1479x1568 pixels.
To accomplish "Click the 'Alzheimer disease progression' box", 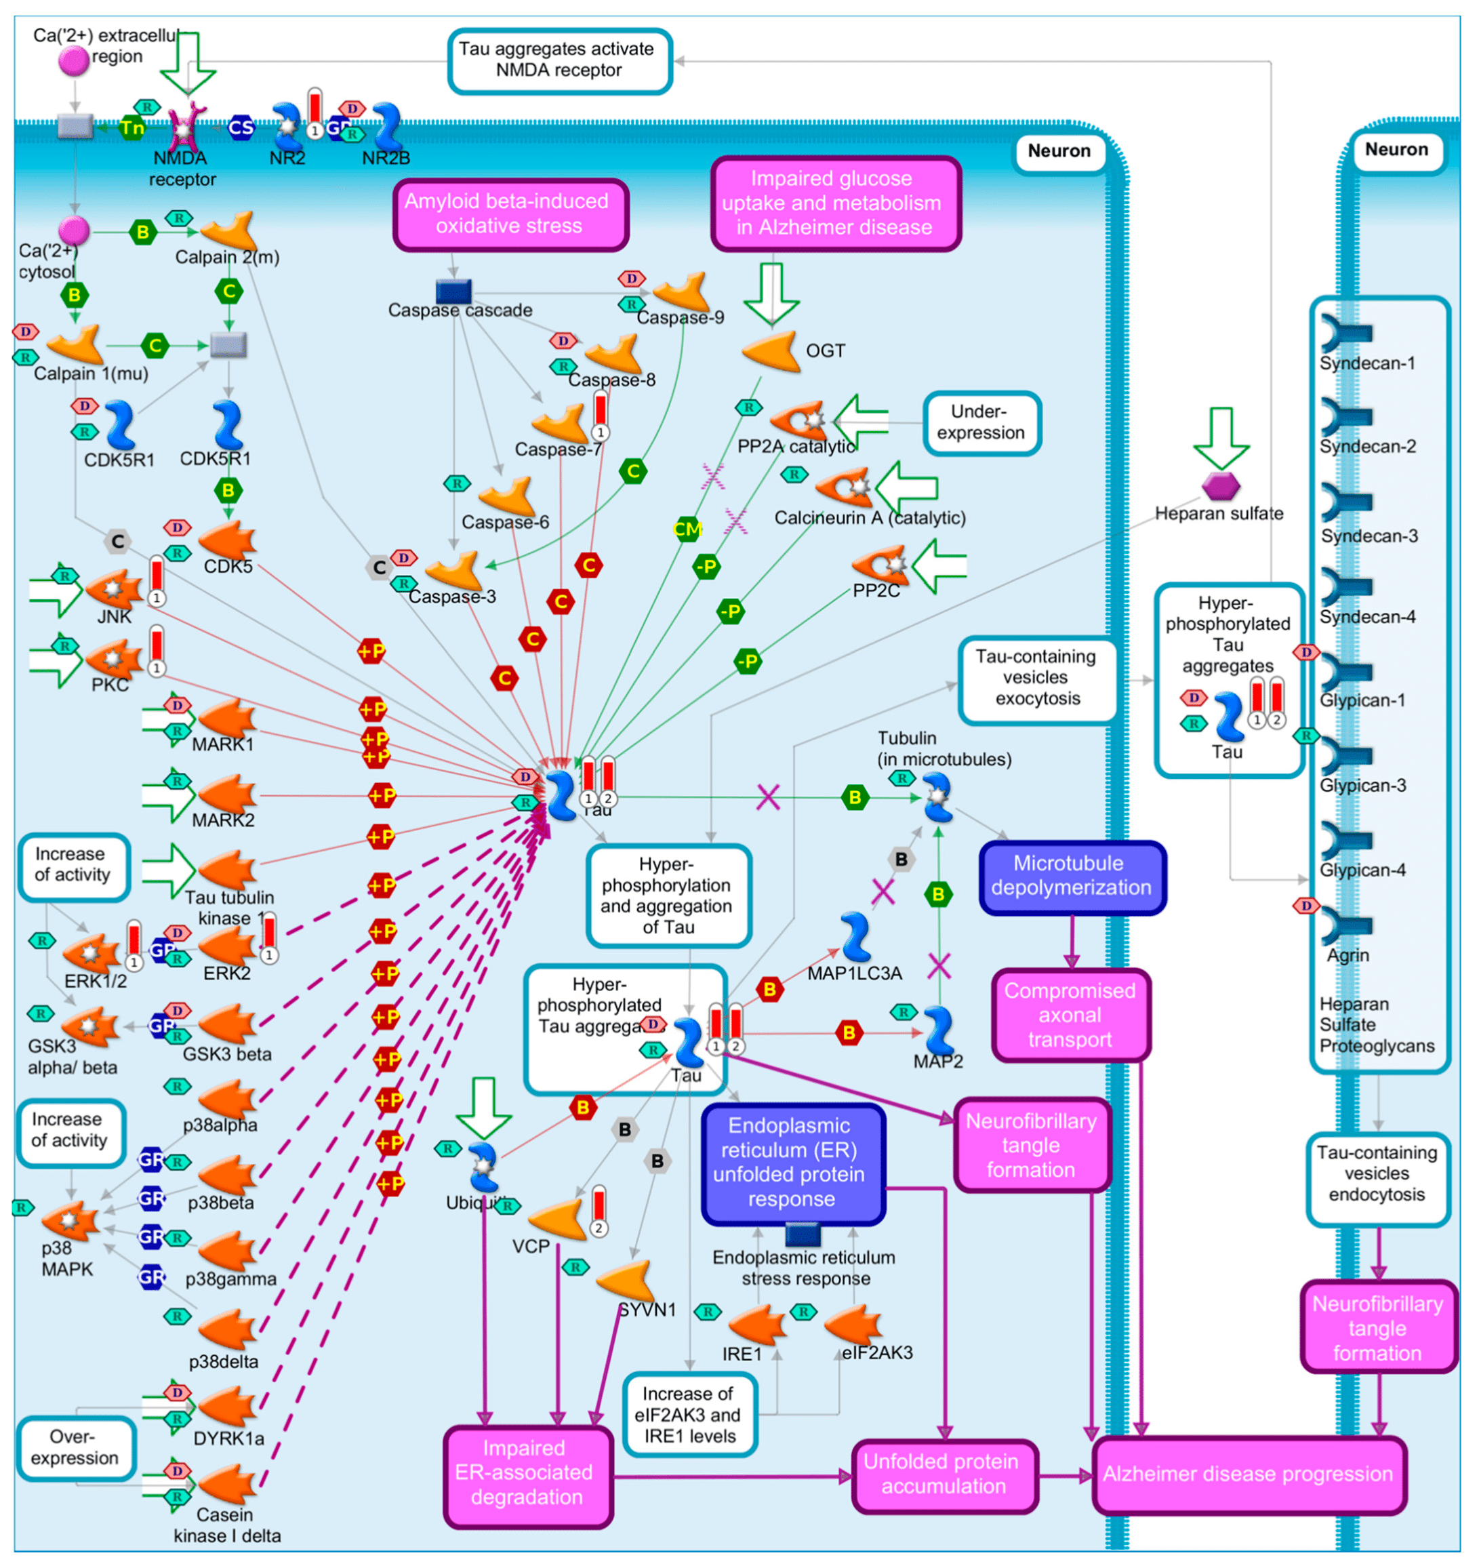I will pyautogui.click(x=1247, y=1473).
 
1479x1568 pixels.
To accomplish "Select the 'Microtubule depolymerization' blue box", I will pyautogui.click(x=1071, y=875).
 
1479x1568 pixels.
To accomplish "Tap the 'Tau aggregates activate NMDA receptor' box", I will pyautogui.click(x=559, y=60).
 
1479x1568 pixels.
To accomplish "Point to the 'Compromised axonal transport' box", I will pyautogui.click(x=1070, y=1014).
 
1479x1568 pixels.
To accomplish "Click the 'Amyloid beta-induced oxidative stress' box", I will pyautogui.click(x=509, y=214).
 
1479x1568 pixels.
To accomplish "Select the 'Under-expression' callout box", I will pyautogui.click(x=981, y=423).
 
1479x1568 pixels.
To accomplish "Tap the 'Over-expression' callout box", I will pyautogui.click(x=75, y=1447).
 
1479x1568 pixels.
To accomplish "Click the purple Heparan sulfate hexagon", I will pyautogui.click(x=1219, y=485).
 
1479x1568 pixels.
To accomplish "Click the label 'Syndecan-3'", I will pyautogui.click(x=1369, y=536).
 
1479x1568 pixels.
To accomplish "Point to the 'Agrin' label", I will pyautogui.click(x=1348, y=955).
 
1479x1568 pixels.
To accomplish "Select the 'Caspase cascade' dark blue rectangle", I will pyautogui.click(x=453, y=291).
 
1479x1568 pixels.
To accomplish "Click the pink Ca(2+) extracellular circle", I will pyautogui.click(x=74, y=61).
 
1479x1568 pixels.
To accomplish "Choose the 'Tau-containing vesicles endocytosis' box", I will pyautogui.click(x=1377, y=1173).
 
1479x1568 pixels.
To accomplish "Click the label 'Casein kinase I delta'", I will pyautogui.click(x=226, y=1525).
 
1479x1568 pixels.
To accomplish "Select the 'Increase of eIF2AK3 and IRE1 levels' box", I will pyautogui.click(x=689, y=1415).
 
